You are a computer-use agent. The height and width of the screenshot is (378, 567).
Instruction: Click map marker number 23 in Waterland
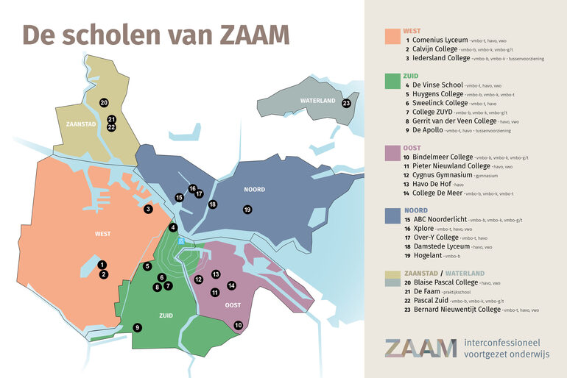coord(346,103)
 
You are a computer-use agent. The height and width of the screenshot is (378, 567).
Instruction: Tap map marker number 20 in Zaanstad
coord(104,102)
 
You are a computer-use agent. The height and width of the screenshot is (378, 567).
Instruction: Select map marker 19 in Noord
coord(247,210)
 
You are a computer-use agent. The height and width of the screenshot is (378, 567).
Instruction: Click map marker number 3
coord(148,209)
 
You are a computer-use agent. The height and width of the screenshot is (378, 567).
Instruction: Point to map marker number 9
coord(137,327)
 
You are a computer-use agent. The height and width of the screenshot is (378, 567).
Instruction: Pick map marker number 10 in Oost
coord(238,324)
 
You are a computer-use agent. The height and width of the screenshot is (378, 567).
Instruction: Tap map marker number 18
coord(212,204)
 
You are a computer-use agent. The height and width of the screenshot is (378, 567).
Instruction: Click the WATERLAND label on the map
coord(317,101)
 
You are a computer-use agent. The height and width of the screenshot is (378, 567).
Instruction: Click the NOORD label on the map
coord(254,190)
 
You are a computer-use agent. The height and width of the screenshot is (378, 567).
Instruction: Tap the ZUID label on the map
coord(166,315)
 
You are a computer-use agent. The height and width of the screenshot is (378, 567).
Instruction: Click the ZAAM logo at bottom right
coord(420,347)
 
